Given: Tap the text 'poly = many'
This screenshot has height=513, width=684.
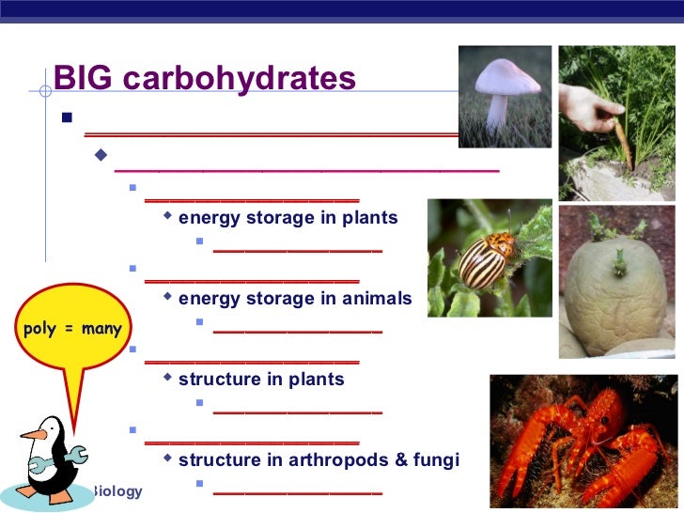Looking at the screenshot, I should pos(72,329).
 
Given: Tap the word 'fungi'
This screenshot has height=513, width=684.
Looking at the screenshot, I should pos(439,460).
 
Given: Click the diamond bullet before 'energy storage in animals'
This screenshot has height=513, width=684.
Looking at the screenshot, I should pos(167,298).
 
